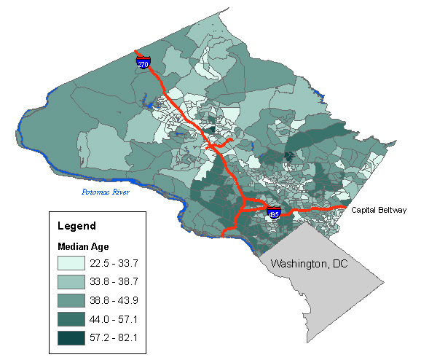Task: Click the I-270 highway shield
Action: pyautogui.click(x=143, y=63)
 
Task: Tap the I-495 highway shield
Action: pyautogui.click(x=273, y=214)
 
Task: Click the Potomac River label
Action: pyautogui.click(x=105, y=192)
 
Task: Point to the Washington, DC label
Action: pyautogui.click(x=310, y=263)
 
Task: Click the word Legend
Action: pyautogui.click(x=76, y=225)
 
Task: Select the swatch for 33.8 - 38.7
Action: pyautogui.click(x=76, y=282)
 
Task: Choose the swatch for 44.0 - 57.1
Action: pyautogui.click(x=76, y=319)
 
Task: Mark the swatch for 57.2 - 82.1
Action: pyautogui.click(x=76, y=338)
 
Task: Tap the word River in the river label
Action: pyautogui.click(x=119, y=192)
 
